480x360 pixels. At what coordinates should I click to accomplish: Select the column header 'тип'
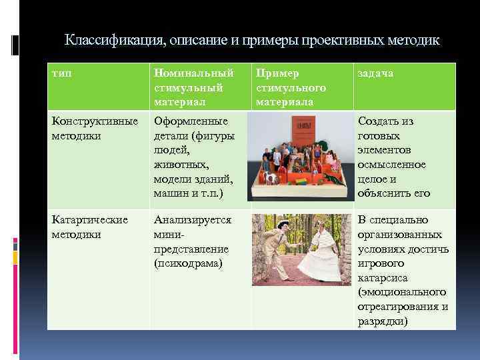(x=61, y=73)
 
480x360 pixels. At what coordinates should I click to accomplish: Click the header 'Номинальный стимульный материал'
(x=193, y=87)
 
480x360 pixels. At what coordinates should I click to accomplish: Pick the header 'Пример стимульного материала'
(x=290, y=87)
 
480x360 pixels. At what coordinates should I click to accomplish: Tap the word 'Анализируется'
(x=193, y=220)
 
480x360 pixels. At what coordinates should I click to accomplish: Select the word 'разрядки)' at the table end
(x=383, y=321)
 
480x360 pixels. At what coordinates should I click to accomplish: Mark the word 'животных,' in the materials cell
(x=182, y=165)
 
